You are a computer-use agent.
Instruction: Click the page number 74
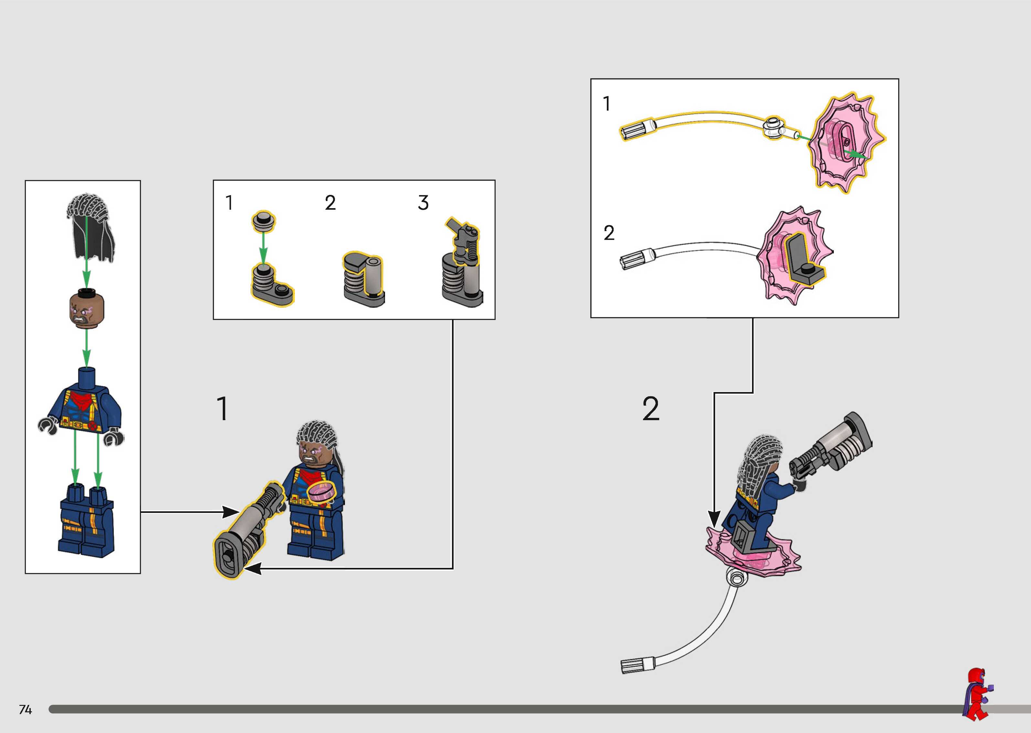pos(25,709)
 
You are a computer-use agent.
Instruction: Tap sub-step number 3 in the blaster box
pos(423,203)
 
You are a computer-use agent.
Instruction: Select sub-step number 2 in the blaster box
pos(330,203)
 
